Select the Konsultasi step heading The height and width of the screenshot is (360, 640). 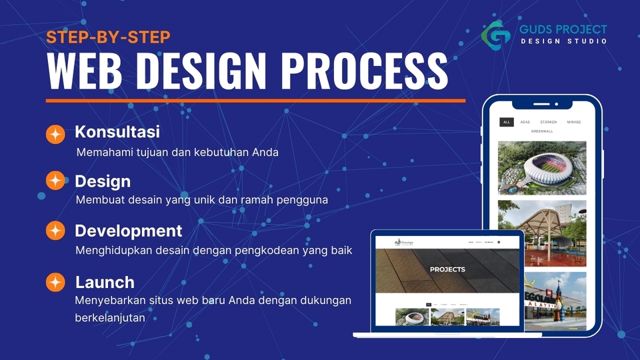(x=117, y=131)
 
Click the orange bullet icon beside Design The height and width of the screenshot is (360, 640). (x=55, y=181)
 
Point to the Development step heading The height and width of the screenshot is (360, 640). (x=128, y=231)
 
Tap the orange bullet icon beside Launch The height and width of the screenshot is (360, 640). (x=55, y=282)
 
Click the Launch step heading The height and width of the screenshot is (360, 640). (x=105, y=281)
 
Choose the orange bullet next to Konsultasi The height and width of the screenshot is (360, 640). (x=55, y=134)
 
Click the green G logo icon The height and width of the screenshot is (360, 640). (x=496, y=33)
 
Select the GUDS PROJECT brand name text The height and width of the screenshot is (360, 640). (x=563, y=29)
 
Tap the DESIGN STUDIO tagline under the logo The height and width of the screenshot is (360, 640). (x=563, y=41)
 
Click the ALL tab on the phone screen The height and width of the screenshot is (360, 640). (x=507, y=123)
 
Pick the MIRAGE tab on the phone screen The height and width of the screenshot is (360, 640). (x=573, y=123)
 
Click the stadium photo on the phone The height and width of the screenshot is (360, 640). (x=542, y=167)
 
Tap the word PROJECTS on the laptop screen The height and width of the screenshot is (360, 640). (x=447, y=269)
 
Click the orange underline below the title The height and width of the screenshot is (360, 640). (x=255, y=101)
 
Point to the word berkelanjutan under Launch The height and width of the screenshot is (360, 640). (x=110, y=318)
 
